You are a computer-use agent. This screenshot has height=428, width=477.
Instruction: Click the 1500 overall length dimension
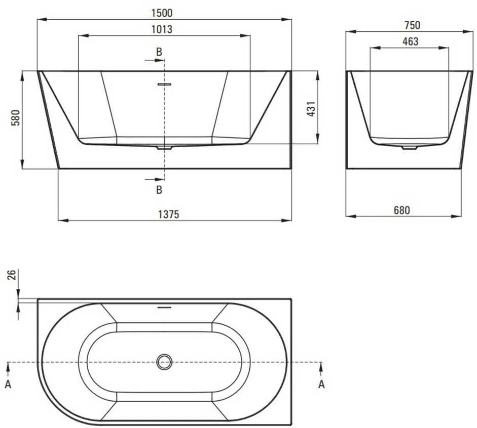coord(162,13)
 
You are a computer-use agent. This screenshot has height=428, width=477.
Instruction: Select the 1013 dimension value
coord(162,29)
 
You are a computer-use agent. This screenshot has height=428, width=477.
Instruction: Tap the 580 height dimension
coord(15,118)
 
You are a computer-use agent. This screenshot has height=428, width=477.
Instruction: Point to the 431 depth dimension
coord(312,109)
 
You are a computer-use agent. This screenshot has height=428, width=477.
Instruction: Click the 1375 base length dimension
coord(169,215)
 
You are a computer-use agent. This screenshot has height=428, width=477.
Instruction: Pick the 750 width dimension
coord(412,25)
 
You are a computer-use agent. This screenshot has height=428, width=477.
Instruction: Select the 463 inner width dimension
coord(411,41)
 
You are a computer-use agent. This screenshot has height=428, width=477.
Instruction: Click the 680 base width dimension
coord(402,210)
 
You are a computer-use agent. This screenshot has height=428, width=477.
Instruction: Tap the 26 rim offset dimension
coord(11,275)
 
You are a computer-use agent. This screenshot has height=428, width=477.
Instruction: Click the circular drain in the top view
coord(164,362)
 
